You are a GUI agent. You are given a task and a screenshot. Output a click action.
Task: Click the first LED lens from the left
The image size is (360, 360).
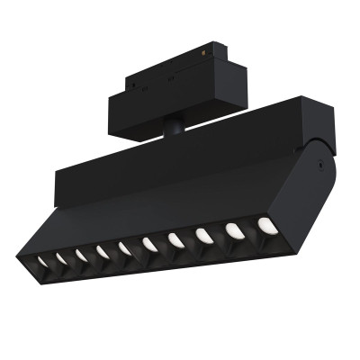41,260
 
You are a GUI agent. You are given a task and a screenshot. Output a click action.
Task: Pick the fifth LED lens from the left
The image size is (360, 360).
124,247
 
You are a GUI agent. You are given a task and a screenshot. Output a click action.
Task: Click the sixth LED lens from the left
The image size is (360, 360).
148,243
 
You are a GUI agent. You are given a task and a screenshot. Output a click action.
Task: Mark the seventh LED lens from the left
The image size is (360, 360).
175,238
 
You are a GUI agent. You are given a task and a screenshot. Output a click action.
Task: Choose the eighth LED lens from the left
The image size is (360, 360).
203,233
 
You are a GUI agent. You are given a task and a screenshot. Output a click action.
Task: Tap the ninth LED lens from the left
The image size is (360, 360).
233,229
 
